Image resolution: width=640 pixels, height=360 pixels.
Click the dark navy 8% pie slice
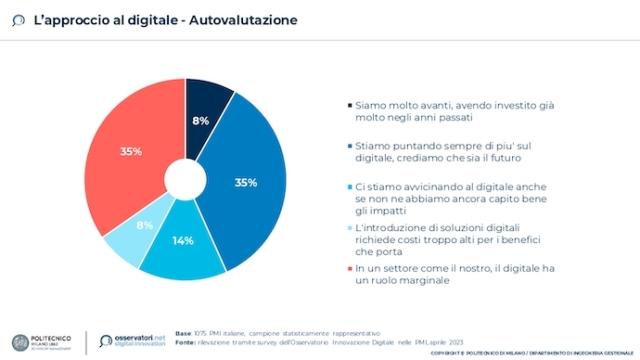(207, 109)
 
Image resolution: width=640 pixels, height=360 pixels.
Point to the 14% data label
(182, 242)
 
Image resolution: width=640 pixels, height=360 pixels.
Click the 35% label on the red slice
(131, 152)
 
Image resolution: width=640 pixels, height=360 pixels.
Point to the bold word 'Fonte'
(186, 341)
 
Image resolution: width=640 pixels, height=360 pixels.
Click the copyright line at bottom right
(530, 353)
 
